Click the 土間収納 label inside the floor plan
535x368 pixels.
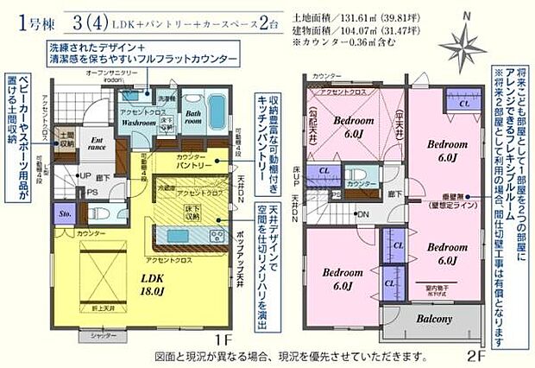(x=63, y=141)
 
